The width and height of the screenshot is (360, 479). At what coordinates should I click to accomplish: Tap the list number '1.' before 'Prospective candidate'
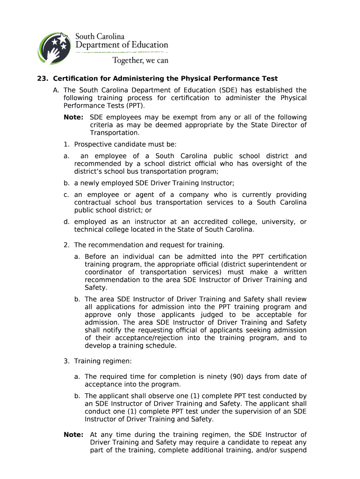67,145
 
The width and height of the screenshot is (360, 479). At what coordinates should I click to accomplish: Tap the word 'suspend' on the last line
293,450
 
